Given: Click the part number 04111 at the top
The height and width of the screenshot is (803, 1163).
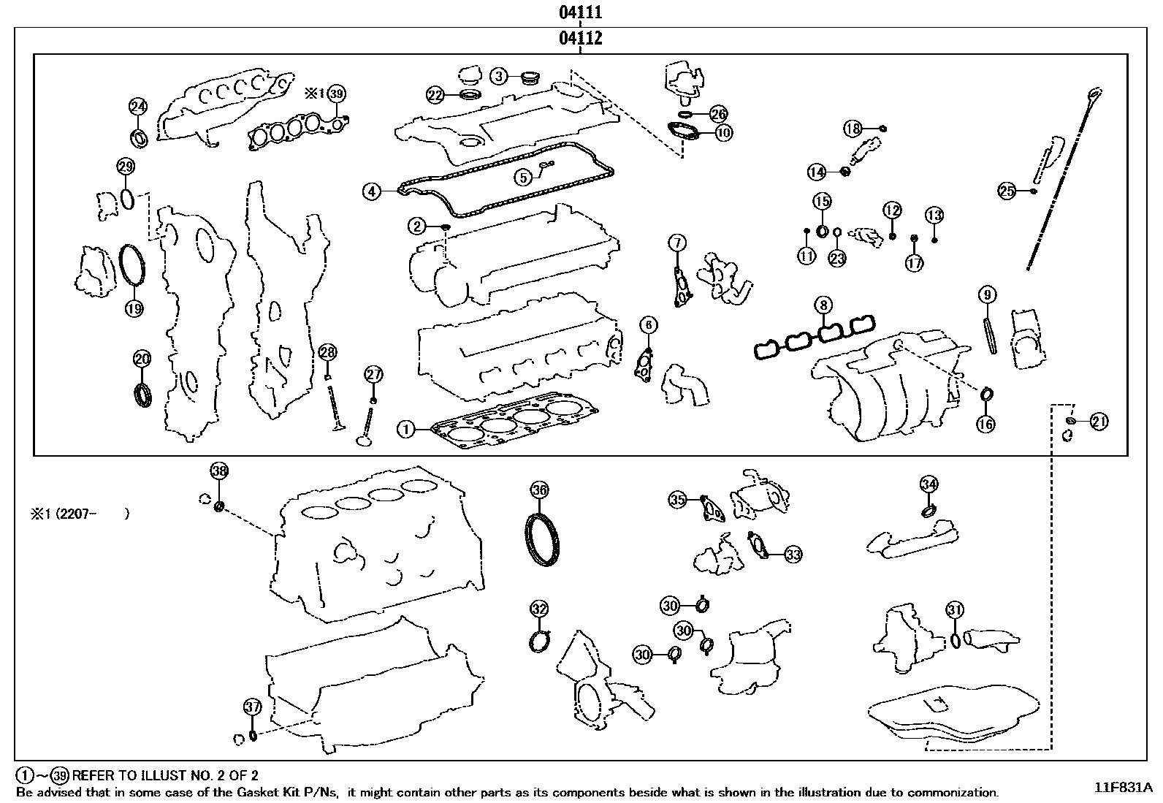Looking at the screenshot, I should (x=581, y=12).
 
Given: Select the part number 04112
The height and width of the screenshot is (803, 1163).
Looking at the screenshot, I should (x=581, y=38).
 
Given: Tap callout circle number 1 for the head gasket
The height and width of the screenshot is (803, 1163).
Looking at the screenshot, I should (x=405, y=429).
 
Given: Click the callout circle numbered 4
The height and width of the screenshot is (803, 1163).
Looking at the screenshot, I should (x=372, y=191).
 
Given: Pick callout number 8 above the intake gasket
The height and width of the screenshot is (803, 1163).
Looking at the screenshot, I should (x=823, y=305).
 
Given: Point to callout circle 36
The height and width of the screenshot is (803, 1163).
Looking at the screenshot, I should (x=539, y=490).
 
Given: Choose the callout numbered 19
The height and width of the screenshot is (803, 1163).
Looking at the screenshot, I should (x=134, y=308).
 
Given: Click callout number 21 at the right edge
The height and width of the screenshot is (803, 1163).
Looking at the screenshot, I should (x=1099, y=421).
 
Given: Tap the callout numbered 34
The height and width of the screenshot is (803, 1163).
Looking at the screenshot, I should (x=929, y=484).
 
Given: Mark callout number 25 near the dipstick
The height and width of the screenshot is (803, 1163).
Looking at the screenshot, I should (x=1007, y=191).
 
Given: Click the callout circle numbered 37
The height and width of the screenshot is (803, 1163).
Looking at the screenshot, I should (x=252, y=707).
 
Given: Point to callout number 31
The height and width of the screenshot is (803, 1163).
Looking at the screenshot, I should (x=954, y=609).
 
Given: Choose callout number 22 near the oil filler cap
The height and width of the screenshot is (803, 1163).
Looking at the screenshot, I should (x=435, y=94).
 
